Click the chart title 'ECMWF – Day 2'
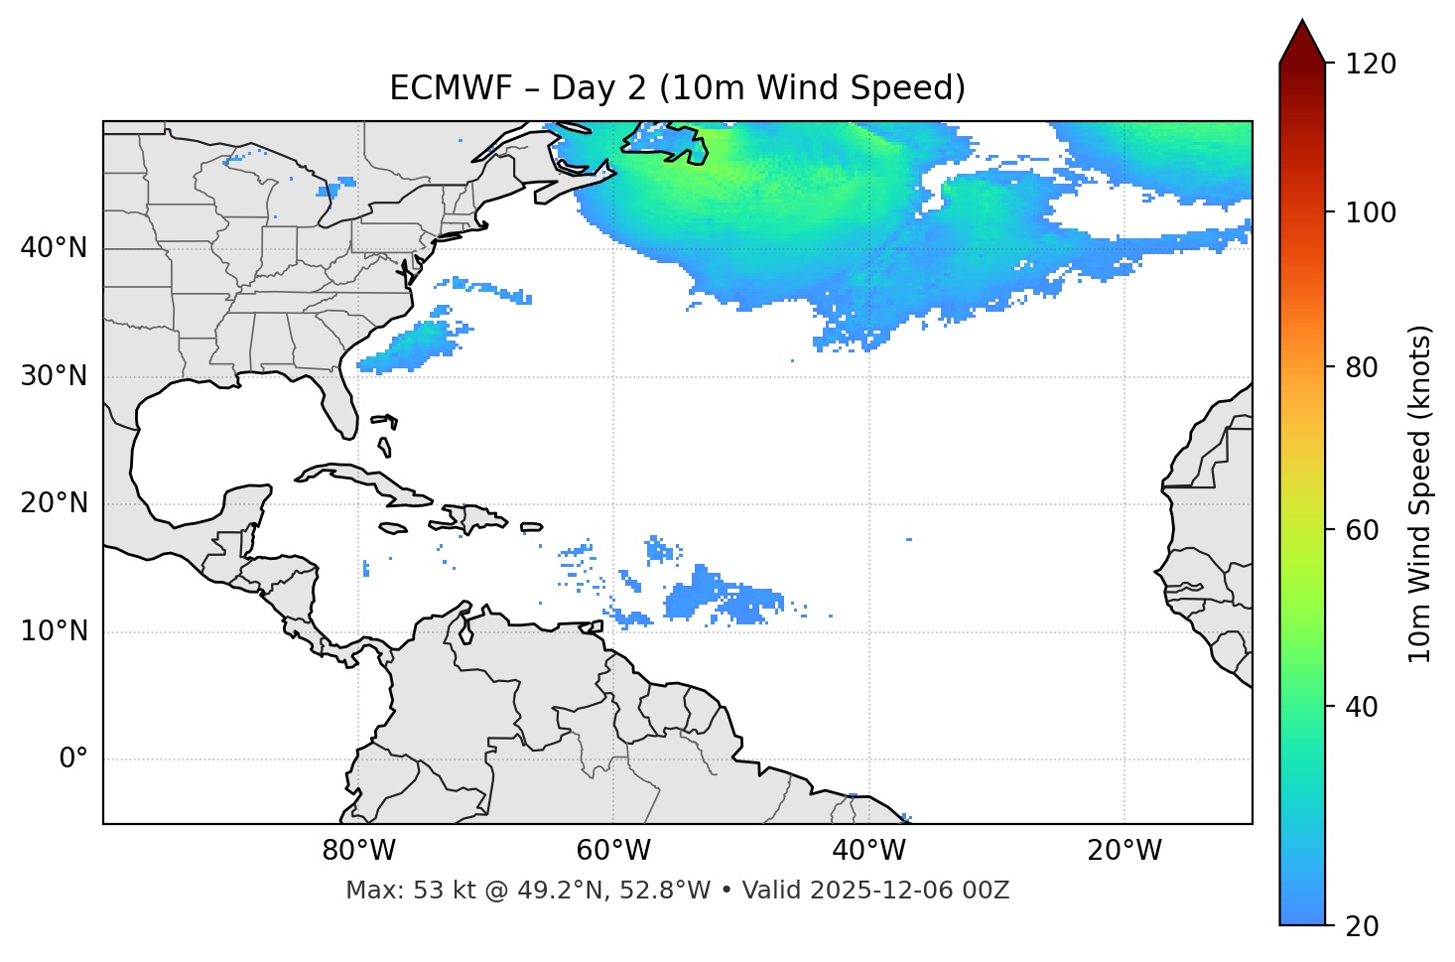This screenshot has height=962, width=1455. pos(677,88)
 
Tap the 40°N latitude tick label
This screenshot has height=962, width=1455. pos(54,248)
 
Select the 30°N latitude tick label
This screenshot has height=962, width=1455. pos(54,376)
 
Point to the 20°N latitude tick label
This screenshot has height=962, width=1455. pos(54,503)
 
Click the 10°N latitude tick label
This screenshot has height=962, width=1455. pos(54,631)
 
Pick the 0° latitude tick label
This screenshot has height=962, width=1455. pos(73,759)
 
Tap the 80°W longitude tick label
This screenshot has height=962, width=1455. pos(358,851)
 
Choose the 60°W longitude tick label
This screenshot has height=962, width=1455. pos(613,851)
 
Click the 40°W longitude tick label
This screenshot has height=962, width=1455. pos(868,851)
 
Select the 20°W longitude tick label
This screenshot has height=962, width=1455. pos(1124,851)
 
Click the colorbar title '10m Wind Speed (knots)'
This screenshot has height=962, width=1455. pos(1420,494)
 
